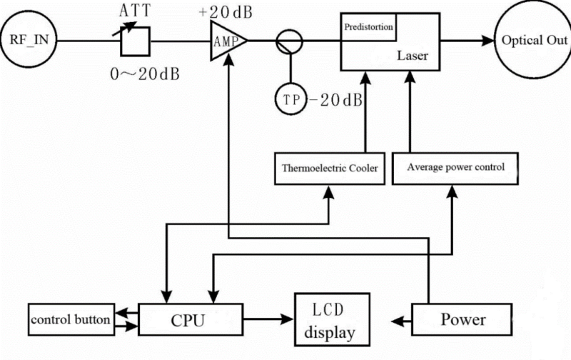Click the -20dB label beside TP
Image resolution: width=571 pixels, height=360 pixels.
tap(336, 99)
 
